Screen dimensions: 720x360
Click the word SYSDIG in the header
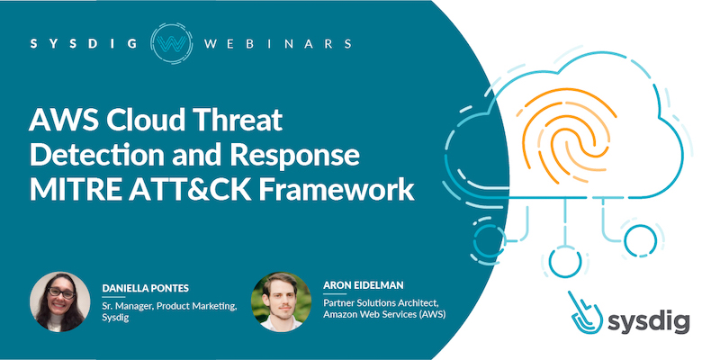click(x=84, y=44)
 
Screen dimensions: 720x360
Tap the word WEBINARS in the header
click(x=278, y=44)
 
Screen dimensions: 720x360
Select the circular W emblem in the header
click(x=171, y=43)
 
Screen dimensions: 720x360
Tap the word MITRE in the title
click(x=75, y=192)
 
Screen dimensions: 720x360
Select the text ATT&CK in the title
click(x=190, y=192)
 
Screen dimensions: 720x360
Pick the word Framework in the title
click(x=337, y=192)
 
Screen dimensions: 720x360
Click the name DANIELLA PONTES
click(x=146, y=288)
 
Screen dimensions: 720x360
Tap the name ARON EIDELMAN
click(x=364, y=285)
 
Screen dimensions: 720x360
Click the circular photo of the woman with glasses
click(x=59, y=301)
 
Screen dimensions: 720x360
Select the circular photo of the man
click(x=281, y=301)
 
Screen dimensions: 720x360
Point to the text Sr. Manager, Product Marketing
click(x=169, y=308)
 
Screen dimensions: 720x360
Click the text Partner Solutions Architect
click(x=382, y=304)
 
